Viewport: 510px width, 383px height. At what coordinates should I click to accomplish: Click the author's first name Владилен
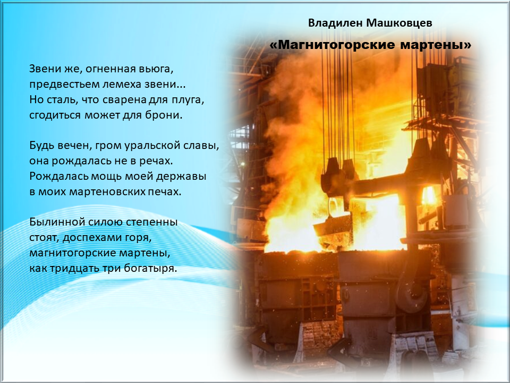tap(335, 23)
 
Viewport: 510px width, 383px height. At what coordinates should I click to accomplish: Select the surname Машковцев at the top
tap(399, 23)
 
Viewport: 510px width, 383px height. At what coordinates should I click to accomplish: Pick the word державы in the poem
tap(181, 177)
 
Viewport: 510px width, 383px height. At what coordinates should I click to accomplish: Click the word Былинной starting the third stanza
tap(57, 222)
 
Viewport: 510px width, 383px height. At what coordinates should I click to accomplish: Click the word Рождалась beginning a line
tap(59, 177)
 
